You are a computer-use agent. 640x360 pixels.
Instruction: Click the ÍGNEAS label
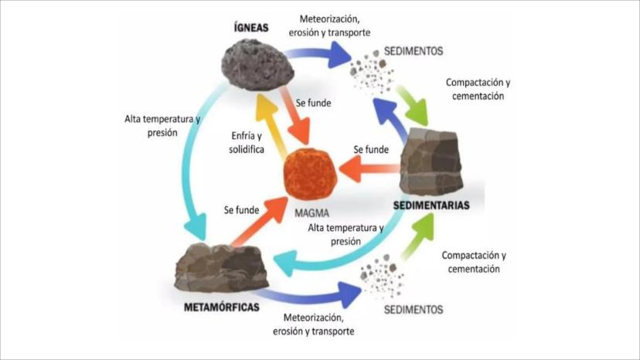pyautogui.click(x=251, y=28)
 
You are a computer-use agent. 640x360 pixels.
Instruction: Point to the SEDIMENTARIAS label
pyautogui.click(x=431, y=206)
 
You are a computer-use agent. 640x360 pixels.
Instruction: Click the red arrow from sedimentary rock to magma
pyautogui.click(x=369, y=168)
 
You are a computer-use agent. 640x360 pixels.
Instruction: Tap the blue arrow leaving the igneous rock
pyautogui.click(x=317, y=54)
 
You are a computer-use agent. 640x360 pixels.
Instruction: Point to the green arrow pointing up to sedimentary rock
pyautogui.click(x=417, y=236)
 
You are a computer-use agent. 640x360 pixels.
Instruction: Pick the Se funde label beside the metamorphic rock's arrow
pyautogui.click(x=241, y=209)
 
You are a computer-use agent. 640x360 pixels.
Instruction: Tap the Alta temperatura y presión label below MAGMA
pyautogui.click(x=346, y=234)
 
